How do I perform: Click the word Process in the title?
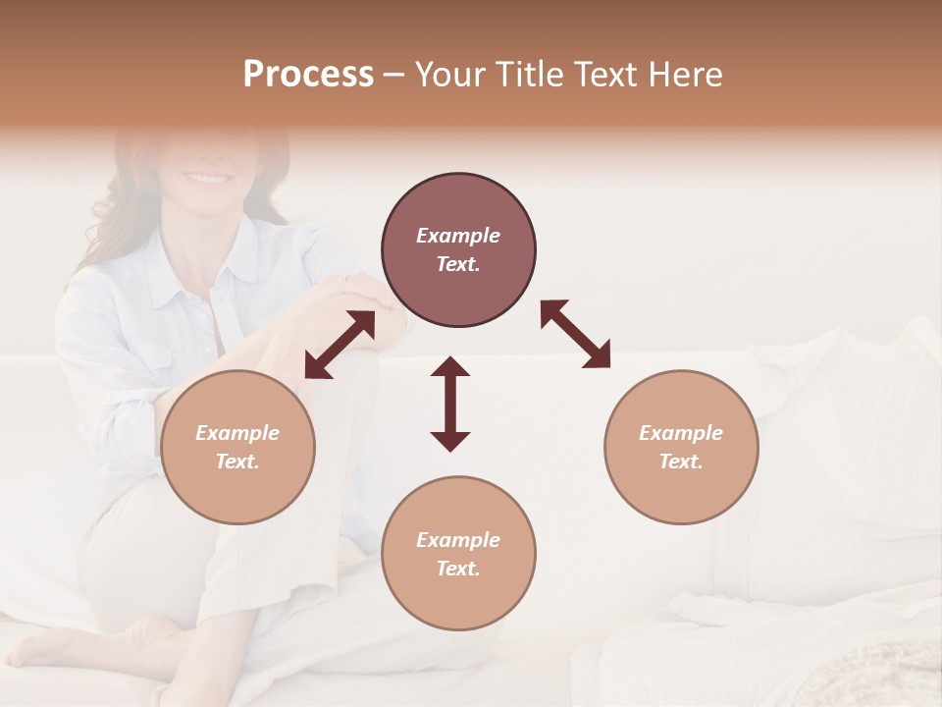coord(308,75)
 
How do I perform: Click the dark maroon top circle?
coord(458,250)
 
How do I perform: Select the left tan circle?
coord(237,447)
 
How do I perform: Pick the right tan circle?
coord(681,447)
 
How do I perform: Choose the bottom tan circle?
coord(458,554)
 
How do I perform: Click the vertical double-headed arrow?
coord(450,404)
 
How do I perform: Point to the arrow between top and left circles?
coord(340,345)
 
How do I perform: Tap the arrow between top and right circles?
coord(575,334)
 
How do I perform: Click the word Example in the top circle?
coord(458,236)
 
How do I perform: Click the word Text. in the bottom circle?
coord(458,569)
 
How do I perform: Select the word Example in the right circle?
coord(681,433)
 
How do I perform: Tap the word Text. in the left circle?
coord(237,462)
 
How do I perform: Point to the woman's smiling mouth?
coord(206,178)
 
